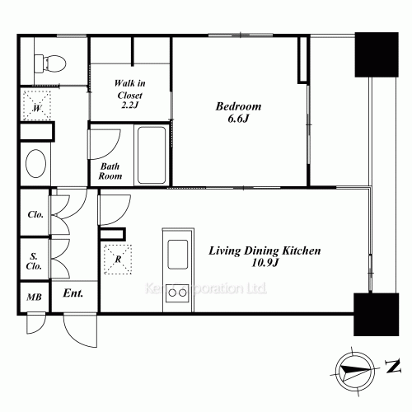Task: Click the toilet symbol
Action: [x=50, y=63]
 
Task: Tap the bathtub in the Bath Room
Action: [x=152, y=155]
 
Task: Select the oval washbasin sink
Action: [x=35, y=163]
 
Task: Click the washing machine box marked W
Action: [x=37, y=105]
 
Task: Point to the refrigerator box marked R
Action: [x=118, y=260]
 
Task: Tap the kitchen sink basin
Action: [x=178, y=255]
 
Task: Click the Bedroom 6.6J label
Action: [x=238, y=112]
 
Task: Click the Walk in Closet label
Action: [x=129, y=94]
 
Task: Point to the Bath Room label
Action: [x=110, y=171]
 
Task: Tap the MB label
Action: [x=35, y=297]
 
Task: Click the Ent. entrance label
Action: [x=73, y=293]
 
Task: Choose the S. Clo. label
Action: [x=34, y=261]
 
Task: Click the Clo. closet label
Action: [x=35, y=214]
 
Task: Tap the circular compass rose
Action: [x=355, y=372]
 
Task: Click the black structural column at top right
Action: [x=377, y=54]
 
